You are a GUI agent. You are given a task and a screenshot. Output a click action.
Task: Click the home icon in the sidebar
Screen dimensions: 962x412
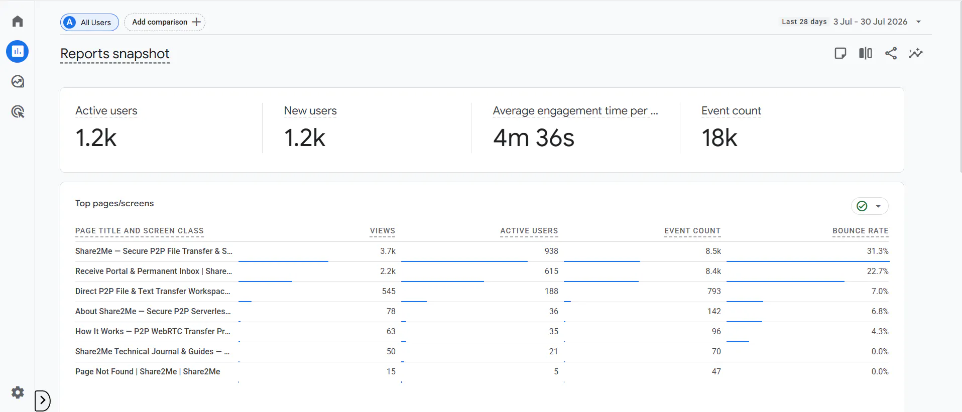18,21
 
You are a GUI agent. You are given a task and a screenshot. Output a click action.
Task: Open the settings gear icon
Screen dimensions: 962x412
18,392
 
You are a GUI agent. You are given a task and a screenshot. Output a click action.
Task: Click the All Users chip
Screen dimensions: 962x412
89,22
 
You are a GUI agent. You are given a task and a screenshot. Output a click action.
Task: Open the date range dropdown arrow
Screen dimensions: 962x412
918,22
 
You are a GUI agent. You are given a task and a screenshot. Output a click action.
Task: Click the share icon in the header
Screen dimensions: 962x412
891,53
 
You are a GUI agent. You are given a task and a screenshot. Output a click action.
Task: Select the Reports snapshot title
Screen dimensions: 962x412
115,54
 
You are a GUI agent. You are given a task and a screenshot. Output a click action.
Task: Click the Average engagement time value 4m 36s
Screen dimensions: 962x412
533,138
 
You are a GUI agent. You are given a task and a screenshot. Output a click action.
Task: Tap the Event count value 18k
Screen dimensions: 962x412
719,138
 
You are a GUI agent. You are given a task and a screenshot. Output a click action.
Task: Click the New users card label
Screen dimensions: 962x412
310,111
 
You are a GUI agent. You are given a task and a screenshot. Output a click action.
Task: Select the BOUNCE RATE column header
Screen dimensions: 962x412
860,231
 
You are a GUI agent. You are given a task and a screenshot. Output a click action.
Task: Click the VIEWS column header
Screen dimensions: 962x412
383,231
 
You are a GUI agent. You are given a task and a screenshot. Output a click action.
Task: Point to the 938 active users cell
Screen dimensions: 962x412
551,251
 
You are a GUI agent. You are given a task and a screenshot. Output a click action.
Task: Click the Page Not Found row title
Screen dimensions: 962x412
148,371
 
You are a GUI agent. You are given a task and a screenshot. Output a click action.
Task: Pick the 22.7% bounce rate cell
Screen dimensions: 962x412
878,271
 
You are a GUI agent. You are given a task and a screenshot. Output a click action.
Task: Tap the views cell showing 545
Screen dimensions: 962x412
389,291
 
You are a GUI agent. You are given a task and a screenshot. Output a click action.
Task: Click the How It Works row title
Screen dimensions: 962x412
153,331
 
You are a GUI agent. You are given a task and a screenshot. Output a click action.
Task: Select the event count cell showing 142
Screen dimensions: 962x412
714,311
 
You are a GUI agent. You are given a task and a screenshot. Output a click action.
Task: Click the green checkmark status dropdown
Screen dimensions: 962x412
870,206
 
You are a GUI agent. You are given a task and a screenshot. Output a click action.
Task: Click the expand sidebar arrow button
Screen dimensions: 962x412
43,400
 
